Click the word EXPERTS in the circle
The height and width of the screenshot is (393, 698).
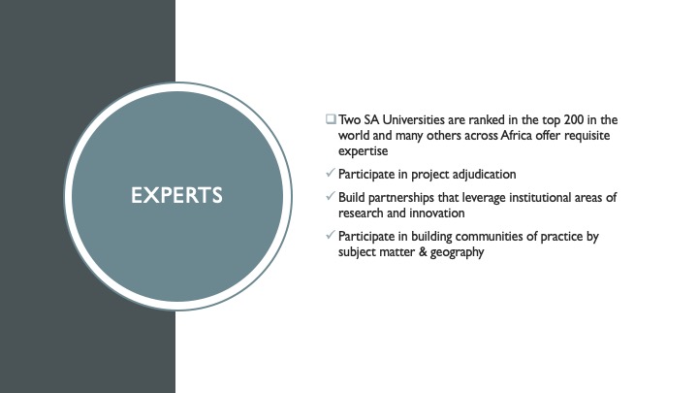[x=176, y=196]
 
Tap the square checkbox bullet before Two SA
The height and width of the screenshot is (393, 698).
[x=331, y=119]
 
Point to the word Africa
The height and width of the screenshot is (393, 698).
[x=517, y=136]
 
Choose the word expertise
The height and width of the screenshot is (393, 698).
[x=363, y=151]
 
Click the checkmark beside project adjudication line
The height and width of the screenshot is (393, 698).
[x=330, y=173]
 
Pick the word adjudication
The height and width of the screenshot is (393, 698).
[x=484, y=175]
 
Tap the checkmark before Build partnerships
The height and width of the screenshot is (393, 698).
[x=330, y=196]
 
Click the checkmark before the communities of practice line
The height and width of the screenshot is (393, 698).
[x=330, y=235]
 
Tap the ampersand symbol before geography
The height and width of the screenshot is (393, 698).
[x=423, y=251]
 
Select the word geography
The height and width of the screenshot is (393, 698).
[x=457, y=252]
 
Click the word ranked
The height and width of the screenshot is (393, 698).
[x=486, y=120]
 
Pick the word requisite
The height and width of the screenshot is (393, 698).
[x=587, y=136]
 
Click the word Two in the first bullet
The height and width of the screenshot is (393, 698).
[x=349, y=120]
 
